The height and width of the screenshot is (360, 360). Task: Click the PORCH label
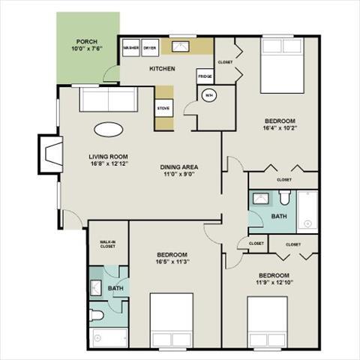(x=86, y=42)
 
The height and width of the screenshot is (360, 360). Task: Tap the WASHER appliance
(x=131, y=47)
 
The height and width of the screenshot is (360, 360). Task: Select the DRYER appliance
(x=149, y=47)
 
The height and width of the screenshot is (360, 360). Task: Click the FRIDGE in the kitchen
(x=205, y=76)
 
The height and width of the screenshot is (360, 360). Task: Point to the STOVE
(x=163, y=109)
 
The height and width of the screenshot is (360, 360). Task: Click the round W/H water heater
(x=209, y=96)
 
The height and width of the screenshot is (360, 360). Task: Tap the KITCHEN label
(x=162, y=69)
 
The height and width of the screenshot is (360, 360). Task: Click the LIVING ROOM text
(x=104, y=157)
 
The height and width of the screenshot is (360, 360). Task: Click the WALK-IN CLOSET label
(x=107, y=244)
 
